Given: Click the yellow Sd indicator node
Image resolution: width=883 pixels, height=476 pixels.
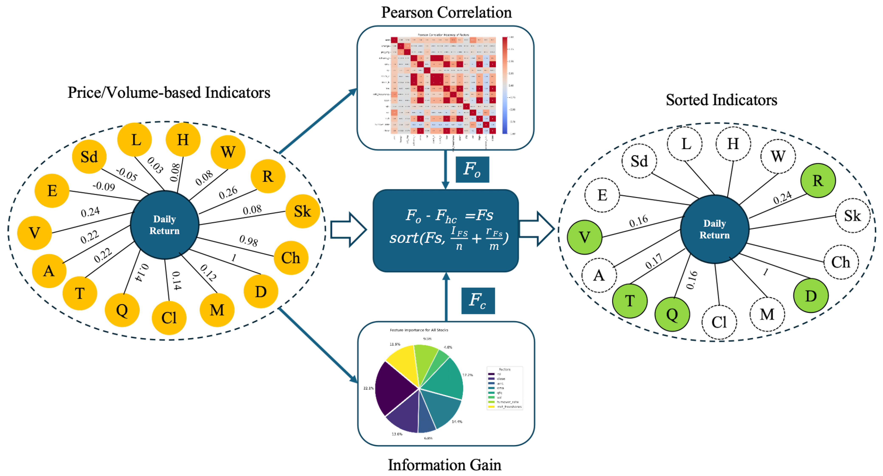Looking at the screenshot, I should (89, 157).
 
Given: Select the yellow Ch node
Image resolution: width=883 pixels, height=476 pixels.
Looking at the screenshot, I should (291, 258).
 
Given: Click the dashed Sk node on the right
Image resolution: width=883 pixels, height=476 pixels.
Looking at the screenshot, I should (852, 216).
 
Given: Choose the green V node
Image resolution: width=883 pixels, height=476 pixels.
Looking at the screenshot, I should (584, 237).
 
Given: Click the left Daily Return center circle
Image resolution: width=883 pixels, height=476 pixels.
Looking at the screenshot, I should (165, 225).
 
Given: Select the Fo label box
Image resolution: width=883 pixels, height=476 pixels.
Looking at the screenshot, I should (472, 169).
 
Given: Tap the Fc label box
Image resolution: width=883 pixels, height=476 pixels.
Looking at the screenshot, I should (478, 300).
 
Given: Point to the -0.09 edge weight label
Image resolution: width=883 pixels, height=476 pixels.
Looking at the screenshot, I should (104, 186).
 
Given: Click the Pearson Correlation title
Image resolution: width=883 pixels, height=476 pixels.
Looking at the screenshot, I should (446, 12).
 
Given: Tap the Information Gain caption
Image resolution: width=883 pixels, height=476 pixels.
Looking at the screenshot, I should (444, 465).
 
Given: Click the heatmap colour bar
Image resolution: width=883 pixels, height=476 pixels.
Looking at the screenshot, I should (505, 85).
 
